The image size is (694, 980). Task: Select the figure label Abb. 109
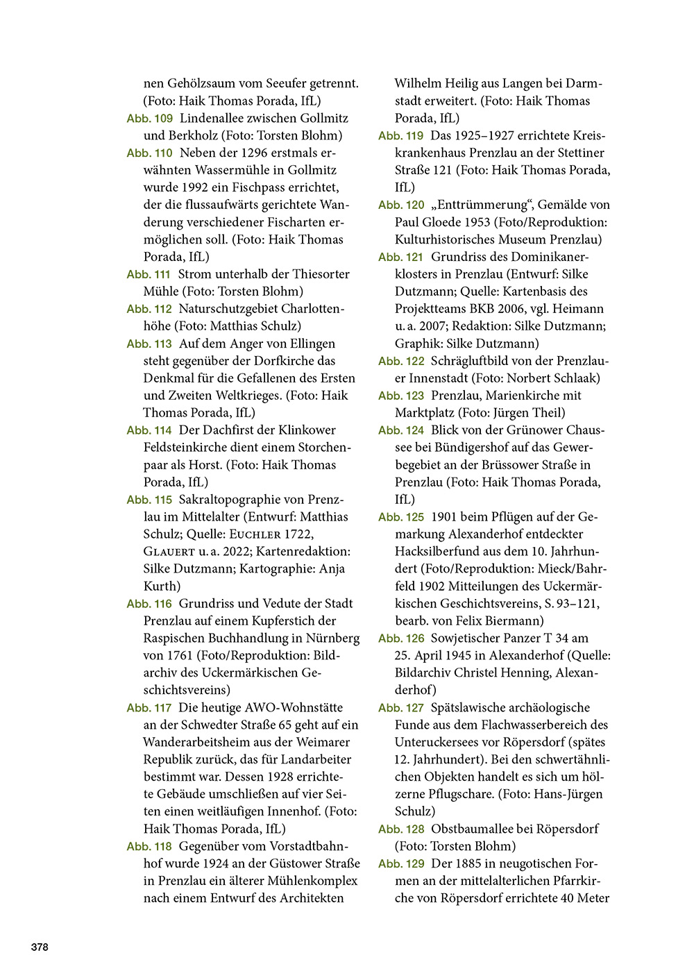click(x=149, y=119)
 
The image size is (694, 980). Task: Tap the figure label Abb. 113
click(x=149, y=344)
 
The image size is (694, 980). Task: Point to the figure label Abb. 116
click(x=149, y=605)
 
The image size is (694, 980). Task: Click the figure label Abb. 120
click(x=401, y=205)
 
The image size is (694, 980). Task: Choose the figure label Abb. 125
click(x=401, y=518)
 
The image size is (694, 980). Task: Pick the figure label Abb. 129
click(x=401, y=864)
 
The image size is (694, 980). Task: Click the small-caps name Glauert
click(x=169, y=552)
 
